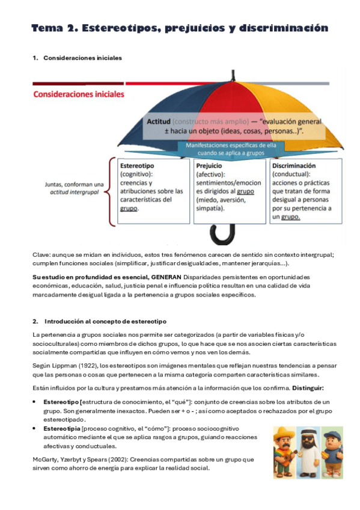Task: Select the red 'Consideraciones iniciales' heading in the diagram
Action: pyautogui.click(x=79, y=94)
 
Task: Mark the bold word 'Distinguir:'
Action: pyautogui.click(x=308, y=387)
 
